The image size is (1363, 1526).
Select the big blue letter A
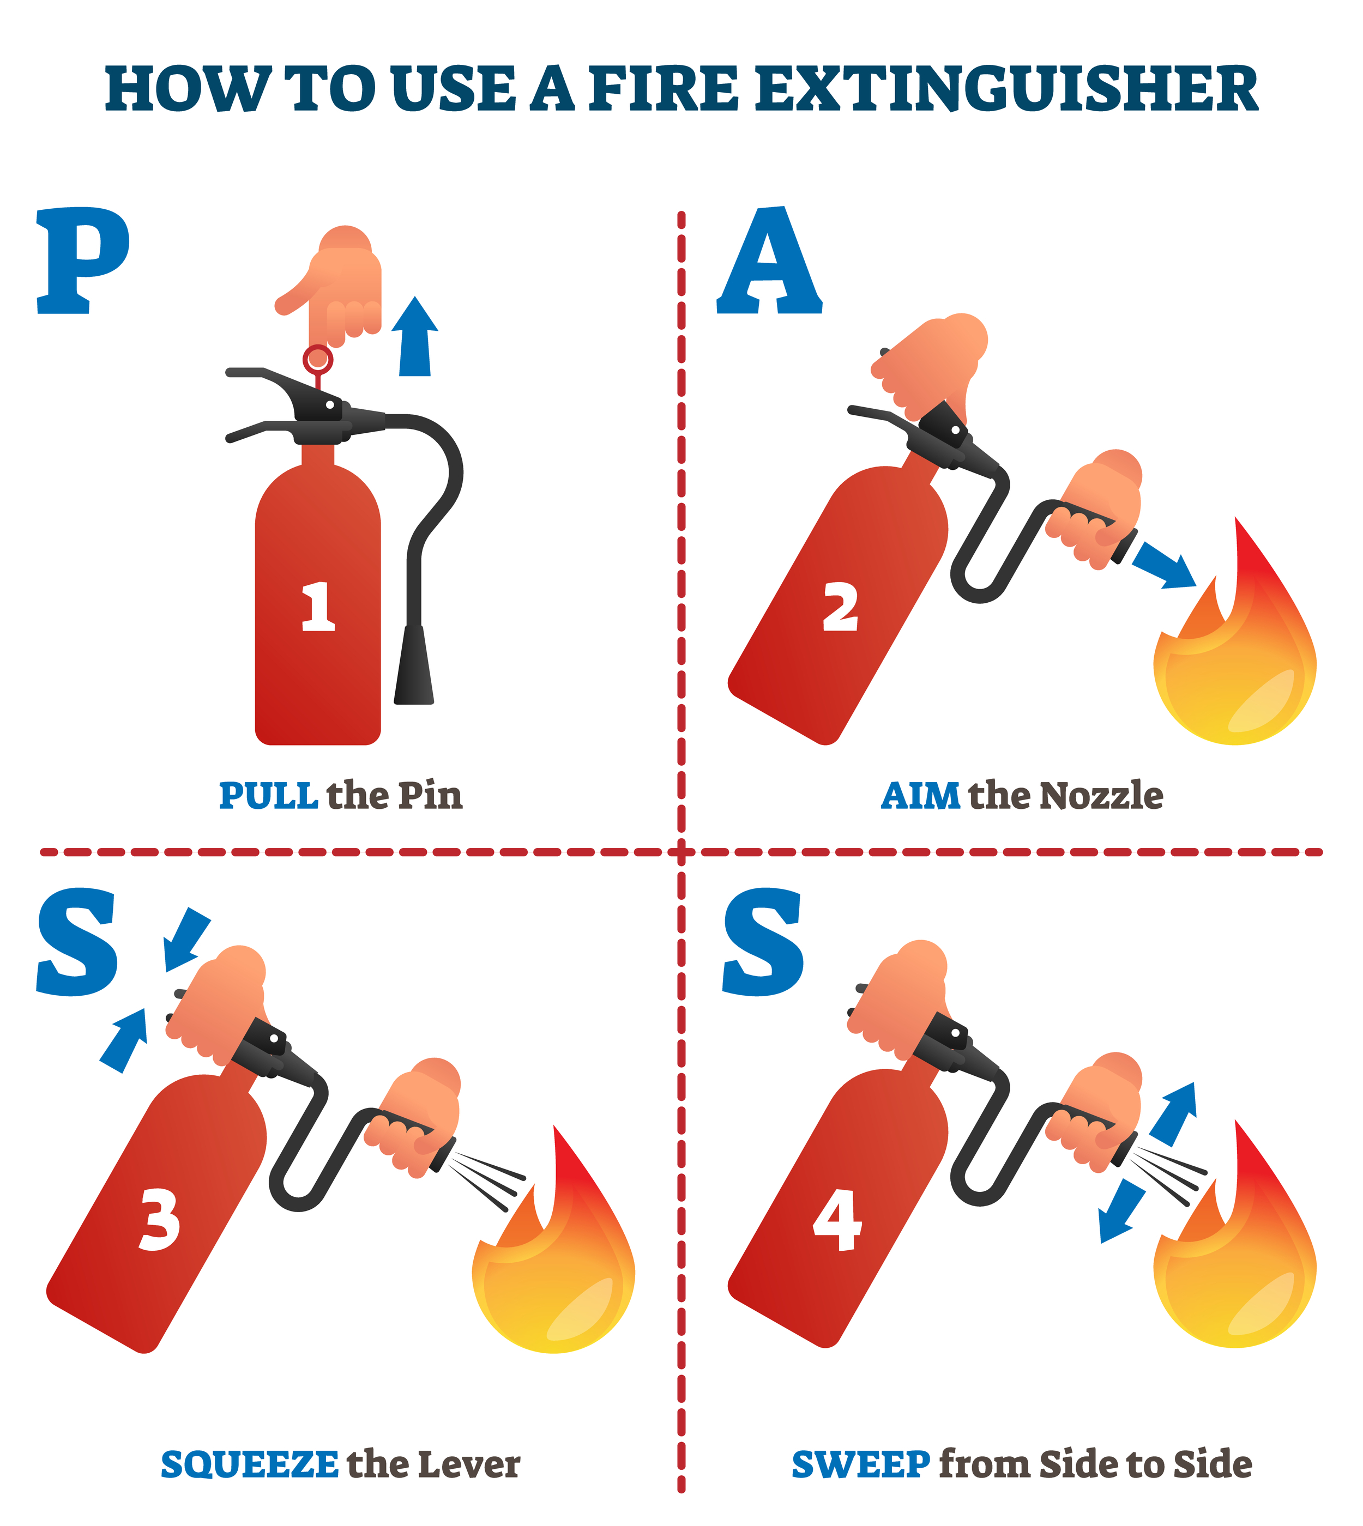(770, 262)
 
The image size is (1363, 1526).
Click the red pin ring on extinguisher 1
(317, 359)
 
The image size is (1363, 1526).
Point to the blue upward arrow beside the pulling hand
(415, 337)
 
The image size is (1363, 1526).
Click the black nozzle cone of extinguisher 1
(414, 665)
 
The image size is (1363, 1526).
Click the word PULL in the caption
(268, 795)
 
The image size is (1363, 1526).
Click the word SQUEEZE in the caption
(249, 1464)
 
